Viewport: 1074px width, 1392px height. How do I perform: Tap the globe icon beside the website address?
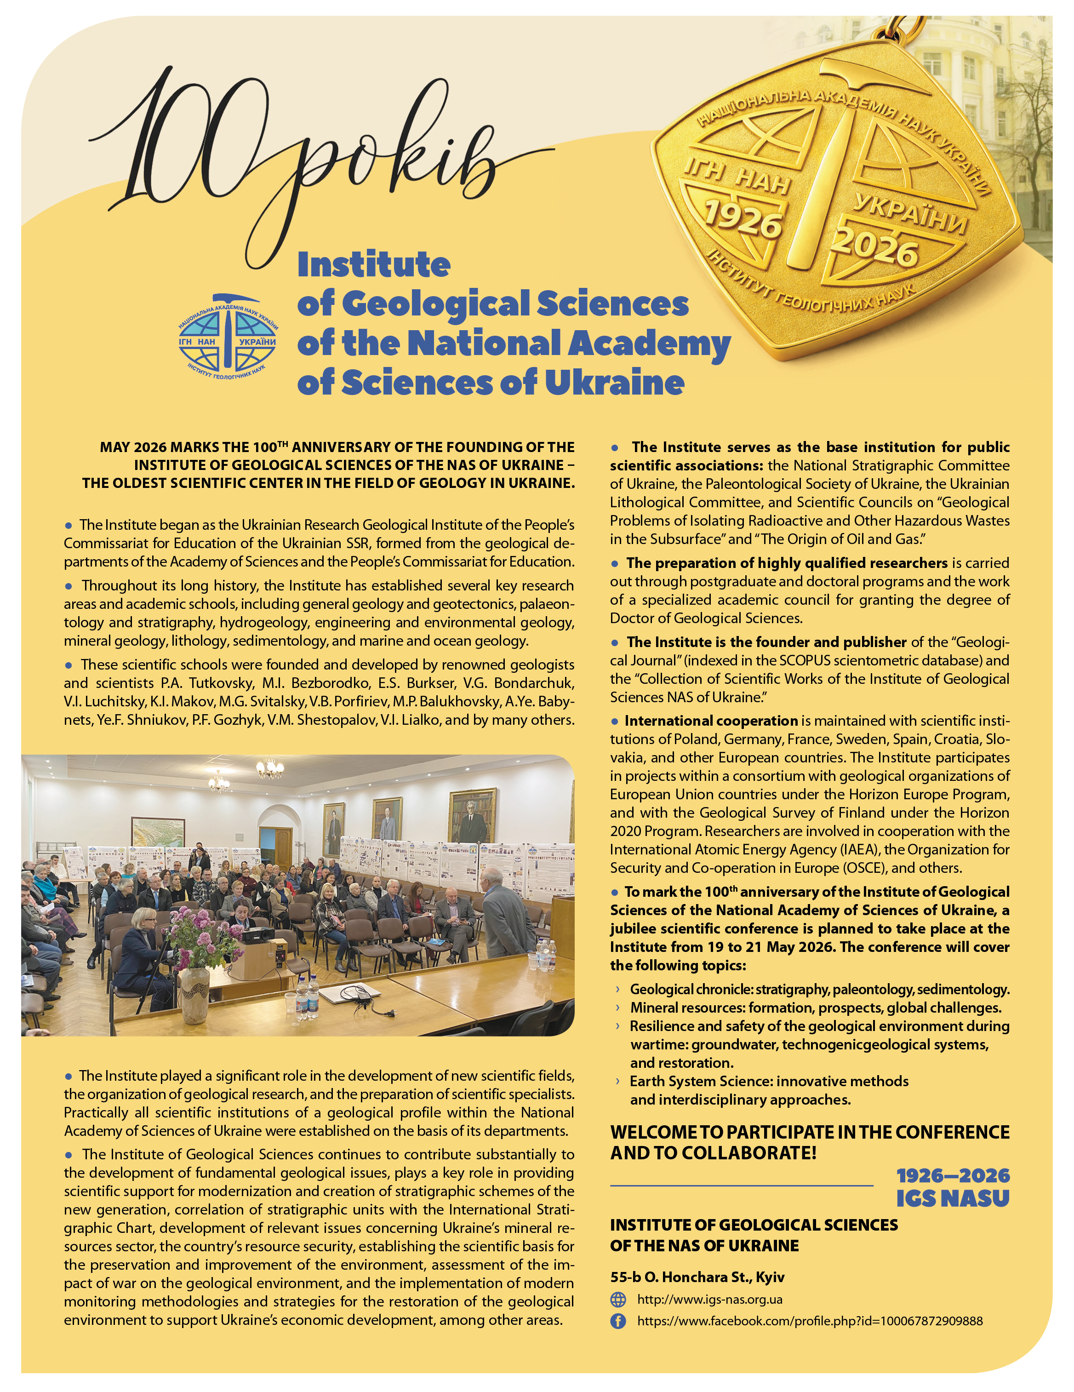(x=618, y=1300)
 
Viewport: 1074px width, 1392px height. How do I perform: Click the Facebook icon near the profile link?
(x=618, y=1321)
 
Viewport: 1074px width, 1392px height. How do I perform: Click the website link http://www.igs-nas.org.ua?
(x=709, y=1300)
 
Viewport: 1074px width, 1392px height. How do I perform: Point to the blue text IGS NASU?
(x=953, y=1199)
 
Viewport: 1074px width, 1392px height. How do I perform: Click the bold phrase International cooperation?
(x=711, y=721)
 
